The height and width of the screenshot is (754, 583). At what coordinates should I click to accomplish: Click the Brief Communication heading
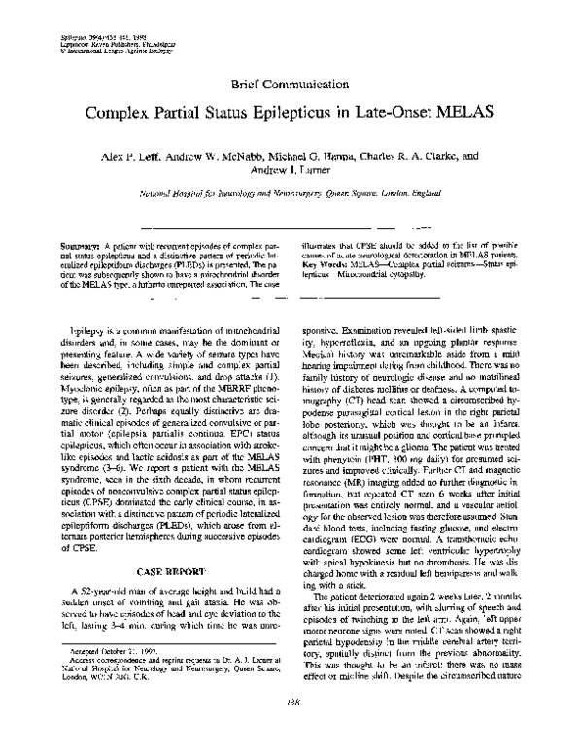click(x=291, y=86)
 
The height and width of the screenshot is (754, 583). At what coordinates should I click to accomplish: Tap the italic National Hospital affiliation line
click(x=291, y=194)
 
